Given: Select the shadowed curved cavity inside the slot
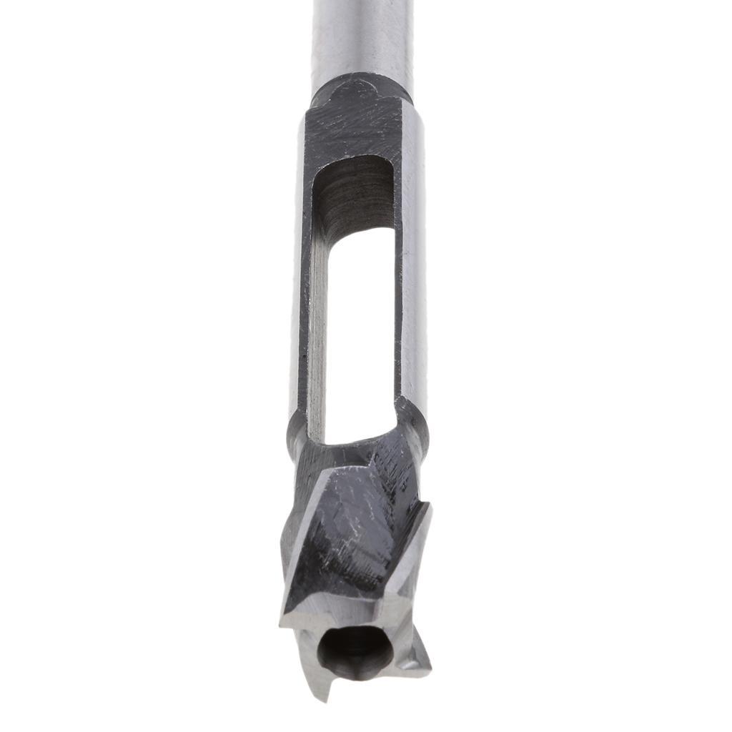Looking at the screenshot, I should pyautogui.click(x=354, y=193).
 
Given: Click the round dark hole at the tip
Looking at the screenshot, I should pyautogui.click(x=355, y=651).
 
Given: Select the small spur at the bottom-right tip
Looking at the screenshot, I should pyautogui.click(x=418, y=661).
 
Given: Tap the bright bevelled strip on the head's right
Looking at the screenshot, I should pyautogui.click(x=415, y=550).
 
